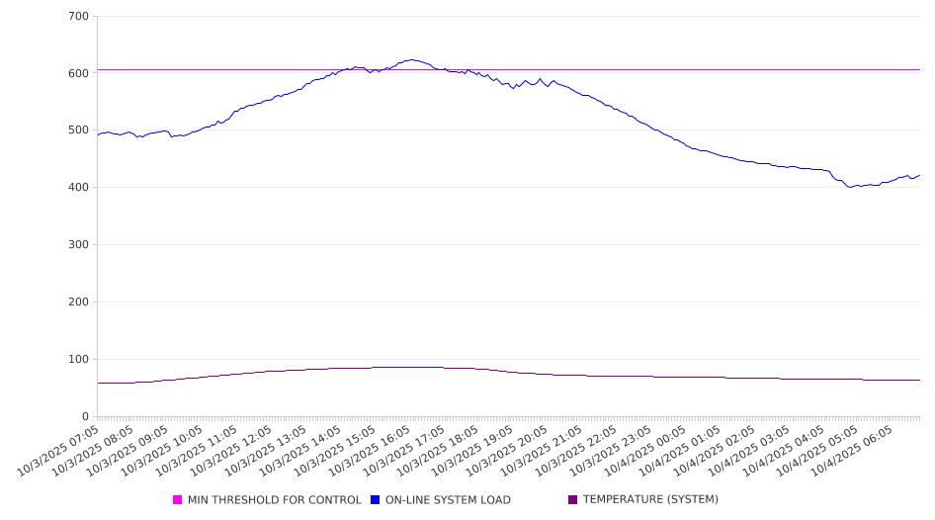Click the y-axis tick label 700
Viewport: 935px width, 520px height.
[79, 17]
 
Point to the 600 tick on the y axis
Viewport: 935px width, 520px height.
[79, 73]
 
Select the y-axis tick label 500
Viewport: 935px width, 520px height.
[79, 130]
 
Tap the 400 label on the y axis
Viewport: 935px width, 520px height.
[79, 188]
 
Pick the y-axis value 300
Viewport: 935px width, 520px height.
[79, 245]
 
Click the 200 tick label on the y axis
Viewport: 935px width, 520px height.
[79, 303]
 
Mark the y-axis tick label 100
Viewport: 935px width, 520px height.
[79, 360]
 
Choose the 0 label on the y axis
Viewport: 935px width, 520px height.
[86, 417]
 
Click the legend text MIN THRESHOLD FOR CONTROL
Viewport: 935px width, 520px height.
[274, 500]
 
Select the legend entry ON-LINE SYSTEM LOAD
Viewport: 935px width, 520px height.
[448, 500]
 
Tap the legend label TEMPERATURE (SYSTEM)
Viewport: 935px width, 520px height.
[650, 500]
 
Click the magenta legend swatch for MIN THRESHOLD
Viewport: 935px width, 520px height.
[178, 500]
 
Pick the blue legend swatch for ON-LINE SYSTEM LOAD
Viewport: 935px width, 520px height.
[376, 500]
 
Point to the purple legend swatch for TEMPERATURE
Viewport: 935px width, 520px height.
[573, 500]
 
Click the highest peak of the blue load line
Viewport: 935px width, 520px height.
[412, 59]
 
